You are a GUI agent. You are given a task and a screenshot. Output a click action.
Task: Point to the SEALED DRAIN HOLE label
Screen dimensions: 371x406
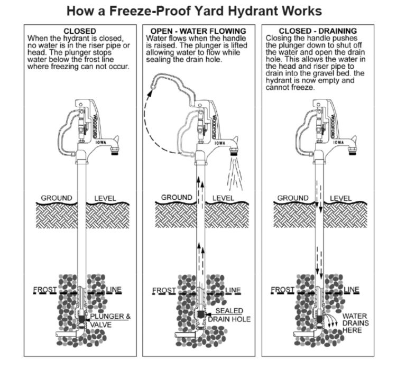coord(229,316)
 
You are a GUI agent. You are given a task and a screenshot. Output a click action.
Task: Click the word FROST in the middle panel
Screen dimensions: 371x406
coord(164,290)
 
